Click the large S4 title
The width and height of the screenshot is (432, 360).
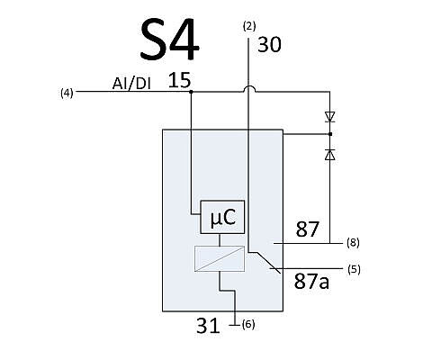(x=170, y=40)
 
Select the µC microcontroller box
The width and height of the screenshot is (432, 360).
(x=222, y=217)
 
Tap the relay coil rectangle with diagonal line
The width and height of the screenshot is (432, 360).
(x=220, y=258)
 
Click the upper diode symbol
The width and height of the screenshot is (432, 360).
(x=330, y=117)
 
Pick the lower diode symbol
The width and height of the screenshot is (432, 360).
(x=330, y=155)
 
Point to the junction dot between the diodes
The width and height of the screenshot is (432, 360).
(x=330, y=134)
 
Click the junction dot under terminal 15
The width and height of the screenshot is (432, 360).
(x=191, y=91)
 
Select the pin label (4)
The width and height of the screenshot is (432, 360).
(x=67, y=94)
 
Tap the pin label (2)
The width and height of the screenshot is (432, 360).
(x=249, y=26)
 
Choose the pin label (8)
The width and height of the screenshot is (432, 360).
(x=353, y=242)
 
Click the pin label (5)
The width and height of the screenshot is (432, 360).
(x=354, y=269)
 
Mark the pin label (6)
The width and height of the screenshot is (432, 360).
(x=248, y=324)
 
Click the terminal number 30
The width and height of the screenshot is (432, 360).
(x=269, y=45)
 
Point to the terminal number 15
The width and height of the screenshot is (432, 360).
(x=179, y=80)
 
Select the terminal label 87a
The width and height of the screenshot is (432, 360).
(x=311, y=282)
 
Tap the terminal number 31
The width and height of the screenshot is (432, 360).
(x=208, y=326)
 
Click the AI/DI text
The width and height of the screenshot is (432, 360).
(x=131, y=84)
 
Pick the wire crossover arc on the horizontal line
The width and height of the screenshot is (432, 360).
(x=248, y=88)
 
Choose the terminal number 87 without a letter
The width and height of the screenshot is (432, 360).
(x=307, y=229)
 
